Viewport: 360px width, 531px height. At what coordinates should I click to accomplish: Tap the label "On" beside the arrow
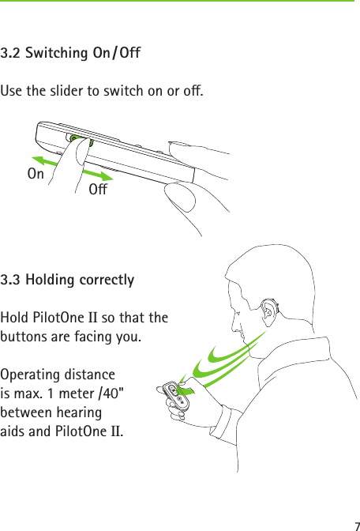36,173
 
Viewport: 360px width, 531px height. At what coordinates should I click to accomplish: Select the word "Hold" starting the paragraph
15,318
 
